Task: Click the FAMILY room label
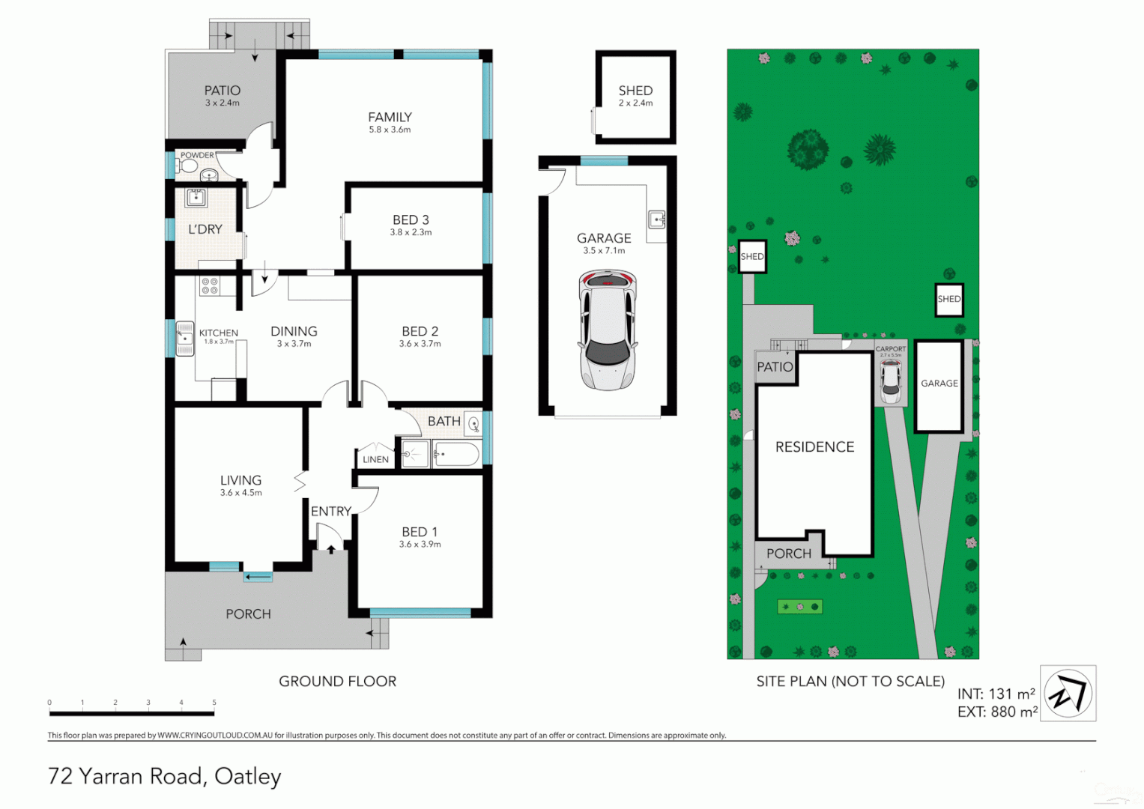point(390,118)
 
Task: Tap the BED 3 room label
point(411,220)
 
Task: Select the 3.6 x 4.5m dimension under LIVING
point(240,493)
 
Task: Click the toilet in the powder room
point(187,165)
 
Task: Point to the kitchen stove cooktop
point(209,285)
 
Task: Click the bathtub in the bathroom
point(456,454)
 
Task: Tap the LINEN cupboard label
point(375,459)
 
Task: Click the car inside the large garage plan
point(607,330)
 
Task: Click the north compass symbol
point(1068,693)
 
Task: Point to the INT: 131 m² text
point(996,694)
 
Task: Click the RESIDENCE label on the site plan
point(814,447)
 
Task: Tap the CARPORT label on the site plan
point(891,349)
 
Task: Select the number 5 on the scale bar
point(214,703)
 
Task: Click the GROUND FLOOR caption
point(337,682)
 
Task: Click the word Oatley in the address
point(247,777)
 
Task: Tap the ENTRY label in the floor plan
point(330,512)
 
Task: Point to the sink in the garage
point(656,219)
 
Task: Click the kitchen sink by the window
point(184,339)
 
